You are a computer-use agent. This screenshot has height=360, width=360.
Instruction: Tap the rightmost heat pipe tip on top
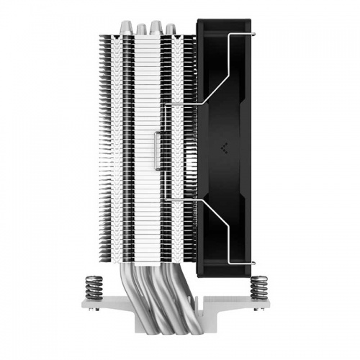coord(170,28)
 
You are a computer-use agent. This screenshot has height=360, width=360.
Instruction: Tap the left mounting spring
coord(91,285)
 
